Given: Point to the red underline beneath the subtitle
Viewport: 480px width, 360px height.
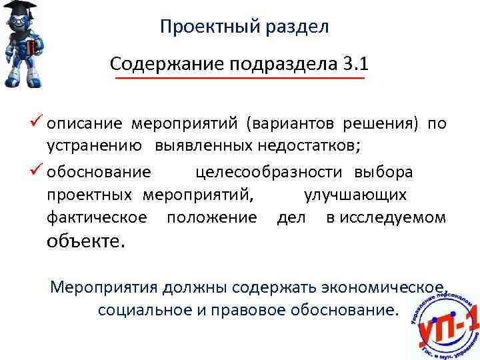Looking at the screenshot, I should tap(240, 79).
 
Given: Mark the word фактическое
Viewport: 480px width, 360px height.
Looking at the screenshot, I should tap(97, 217).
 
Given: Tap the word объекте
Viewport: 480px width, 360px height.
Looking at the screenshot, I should tap(85, 241).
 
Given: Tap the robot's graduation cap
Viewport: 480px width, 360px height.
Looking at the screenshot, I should tap(19, 10).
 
